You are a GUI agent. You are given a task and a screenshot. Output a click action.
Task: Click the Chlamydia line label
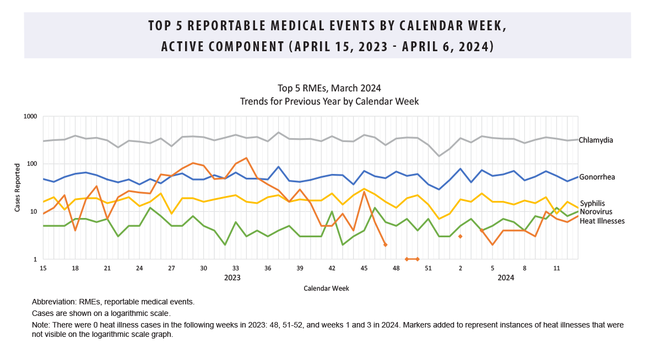[595, 140]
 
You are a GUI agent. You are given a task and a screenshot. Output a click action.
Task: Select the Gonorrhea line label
[597, 177]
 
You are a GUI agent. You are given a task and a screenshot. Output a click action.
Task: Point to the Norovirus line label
[595, 212]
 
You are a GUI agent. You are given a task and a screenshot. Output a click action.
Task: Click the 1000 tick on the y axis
[30, 117]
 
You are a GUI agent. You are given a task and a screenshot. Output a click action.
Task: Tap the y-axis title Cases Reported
[17, 188]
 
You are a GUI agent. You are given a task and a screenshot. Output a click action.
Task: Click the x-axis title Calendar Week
[326, 288]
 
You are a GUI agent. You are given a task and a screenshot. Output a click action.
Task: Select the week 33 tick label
[236, 269]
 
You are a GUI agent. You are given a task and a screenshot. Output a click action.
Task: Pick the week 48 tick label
[396, 269]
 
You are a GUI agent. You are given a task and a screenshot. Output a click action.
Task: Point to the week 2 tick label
[460, 269]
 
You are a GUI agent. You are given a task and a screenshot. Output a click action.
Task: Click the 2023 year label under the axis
[232, 278]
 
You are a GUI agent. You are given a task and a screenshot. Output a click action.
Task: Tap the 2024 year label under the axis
[506, 278]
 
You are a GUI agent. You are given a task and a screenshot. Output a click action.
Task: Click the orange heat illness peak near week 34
[246, 158]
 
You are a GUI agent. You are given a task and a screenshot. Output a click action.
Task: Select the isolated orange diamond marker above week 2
[460, 236]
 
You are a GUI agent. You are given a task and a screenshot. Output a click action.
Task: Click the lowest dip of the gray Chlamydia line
[439, 156]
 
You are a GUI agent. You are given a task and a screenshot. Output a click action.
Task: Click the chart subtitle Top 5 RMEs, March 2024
[329, 88]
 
